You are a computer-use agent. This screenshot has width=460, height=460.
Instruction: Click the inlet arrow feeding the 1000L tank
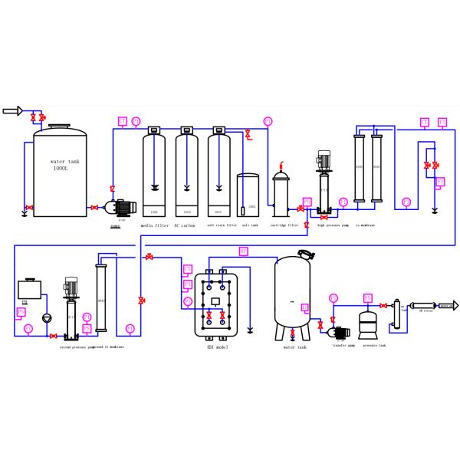[11, 111]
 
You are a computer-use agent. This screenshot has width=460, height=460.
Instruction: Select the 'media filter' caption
[154, 226]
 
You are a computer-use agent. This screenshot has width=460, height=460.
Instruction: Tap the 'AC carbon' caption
[186, 226]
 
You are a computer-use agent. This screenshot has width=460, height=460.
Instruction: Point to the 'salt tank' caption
[250, 226]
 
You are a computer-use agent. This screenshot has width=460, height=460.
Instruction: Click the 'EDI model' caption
[216, 347]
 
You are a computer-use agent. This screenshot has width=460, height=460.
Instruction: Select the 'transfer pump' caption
[343, 346]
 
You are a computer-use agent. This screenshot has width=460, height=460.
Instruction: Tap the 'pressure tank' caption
[375, 346]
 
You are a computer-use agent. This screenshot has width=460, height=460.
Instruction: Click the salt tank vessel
[248, 196]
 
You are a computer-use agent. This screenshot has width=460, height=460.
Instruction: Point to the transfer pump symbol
[337, 332]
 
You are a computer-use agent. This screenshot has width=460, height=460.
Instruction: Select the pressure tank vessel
[370, 324]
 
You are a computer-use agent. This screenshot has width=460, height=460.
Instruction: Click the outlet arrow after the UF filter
[448, 305]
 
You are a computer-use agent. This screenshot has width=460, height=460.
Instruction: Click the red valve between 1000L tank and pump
[94, 208]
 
